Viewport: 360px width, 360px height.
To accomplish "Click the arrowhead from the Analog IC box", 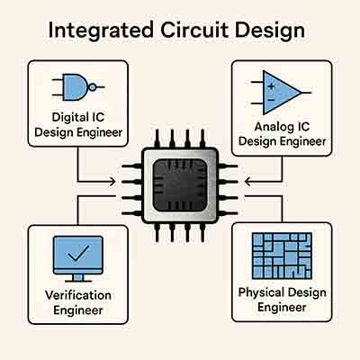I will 249,182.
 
